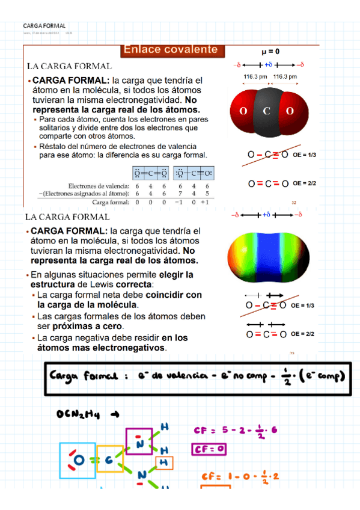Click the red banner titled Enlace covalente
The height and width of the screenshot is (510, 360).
171,50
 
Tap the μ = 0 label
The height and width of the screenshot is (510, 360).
270,52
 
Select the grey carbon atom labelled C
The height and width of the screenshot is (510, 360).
266,111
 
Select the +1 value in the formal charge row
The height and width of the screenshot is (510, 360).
206,202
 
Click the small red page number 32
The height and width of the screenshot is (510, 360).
294,203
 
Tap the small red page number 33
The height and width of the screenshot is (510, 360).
292,354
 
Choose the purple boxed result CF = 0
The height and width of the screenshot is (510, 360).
209,449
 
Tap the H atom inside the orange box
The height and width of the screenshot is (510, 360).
163,462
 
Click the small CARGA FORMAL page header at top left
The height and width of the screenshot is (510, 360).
44,26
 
